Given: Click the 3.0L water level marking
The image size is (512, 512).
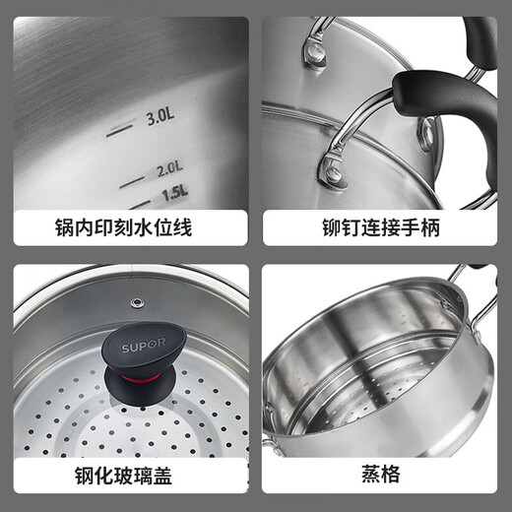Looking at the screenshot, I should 160,118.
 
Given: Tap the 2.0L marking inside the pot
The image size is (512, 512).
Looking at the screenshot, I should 169,169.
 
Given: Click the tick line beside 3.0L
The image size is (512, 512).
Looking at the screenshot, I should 118,128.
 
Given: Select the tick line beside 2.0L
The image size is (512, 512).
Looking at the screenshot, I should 132,180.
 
